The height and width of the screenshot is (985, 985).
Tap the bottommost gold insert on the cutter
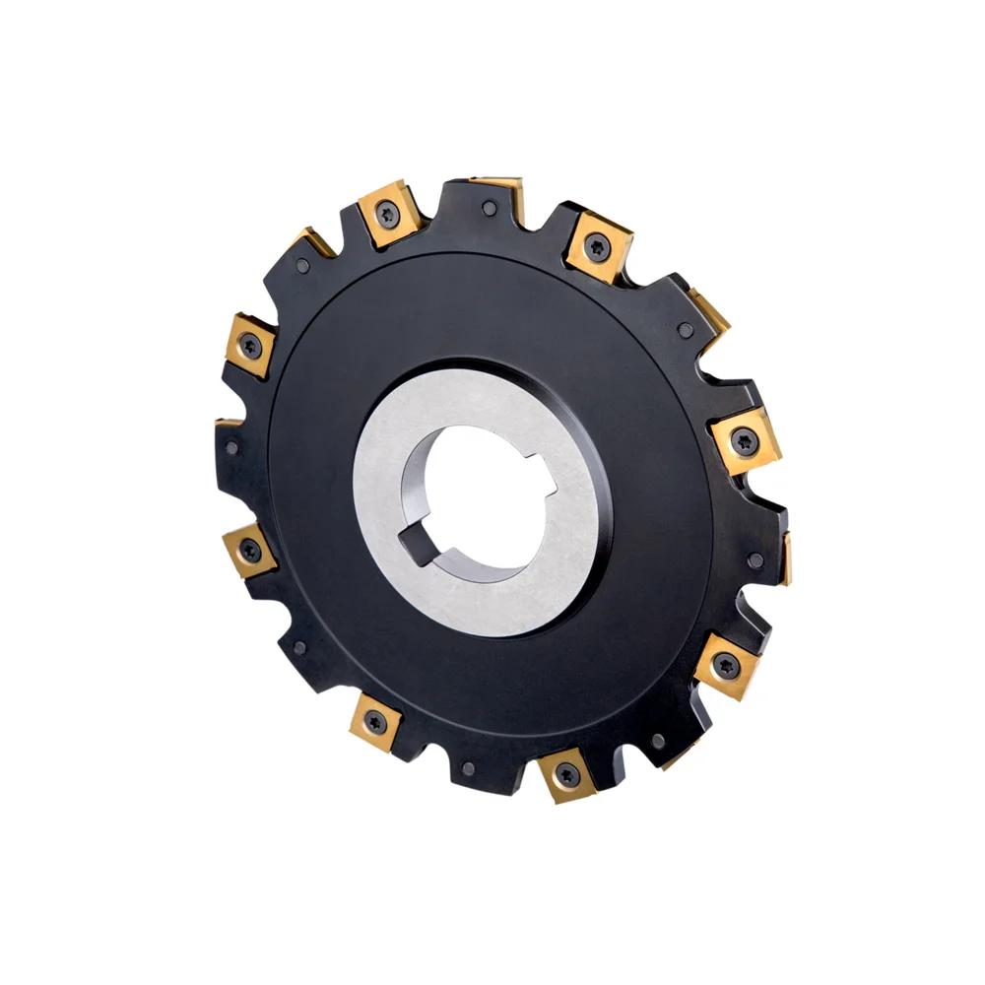[x=566, y=774]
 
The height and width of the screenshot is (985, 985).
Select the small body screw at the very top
[x=490, y=209]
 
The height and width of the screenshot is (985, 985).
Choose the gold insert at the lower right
[x=726, y=665]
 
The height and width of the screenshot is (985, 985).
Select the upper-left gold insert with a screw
[x=251, y=346]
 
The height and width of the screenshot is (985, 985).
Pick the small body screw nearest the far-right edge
[x=755, y=560]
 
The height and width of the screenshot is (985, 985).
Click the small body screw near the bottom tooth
[x=469, y=768]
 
